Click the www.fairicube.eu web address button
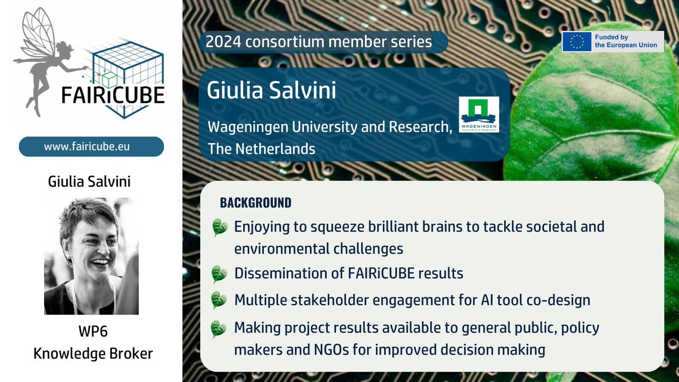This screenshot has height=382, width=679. (92, 147)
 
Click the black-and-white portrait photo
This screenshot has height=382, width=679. (92, 256)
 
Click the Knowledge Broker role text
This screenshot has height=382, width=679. (92, 354)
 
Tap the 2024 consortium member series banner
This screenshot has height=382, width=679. (319, 41)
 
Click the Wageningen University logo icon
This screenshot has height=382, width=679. (479, 114)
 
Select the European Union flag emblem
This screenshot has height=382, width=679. (577, 41)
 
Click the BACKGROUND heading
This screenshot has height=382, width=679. (256, 203)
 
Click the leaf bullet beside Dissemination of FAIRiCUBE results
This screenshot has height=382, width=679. (220, 274)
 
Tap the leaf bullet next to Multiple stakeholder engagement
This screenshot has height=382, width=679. (220, 300)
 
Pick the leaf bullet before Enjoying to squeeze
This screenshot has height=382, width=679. (220, 228)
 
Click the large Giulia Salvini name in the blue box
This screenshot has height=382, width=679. (272, 90)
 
